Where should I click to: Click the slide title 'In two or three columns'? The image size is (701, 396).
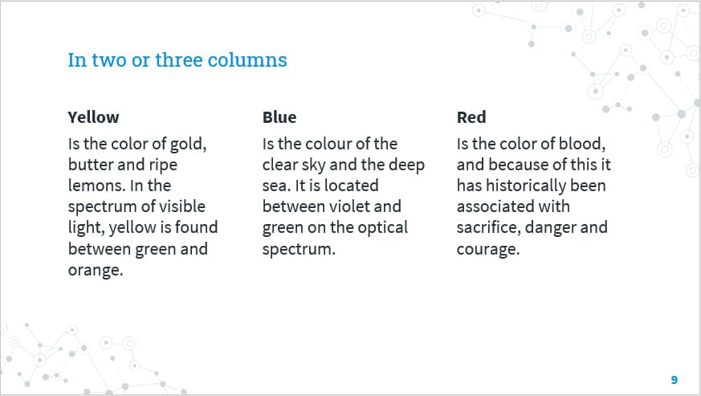(177, 60)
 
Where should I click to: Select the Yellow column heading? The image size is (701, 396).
(93, 117)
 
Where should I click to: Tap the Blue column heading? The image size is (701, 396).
(279, 117)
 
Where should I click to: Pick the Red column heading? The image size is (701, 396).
(471, 117)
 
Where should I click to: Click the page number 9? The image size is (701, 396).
(674, 379)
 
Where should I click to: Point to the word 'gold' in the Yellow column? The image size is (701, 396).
(189, 144)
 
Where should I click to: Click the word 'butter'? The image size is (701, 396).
(91, 165)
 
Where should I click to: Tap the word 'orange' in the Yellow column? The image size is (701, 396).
(94, 269)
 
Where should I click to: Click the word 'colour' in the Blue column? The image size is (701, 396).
(331, 144)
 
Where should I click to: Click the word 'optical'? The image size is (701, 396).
(379, 227)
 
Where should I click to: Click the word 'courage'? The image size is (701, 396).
(487, 249)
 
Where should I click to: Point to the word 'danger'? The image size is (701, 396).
(551, 227)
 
